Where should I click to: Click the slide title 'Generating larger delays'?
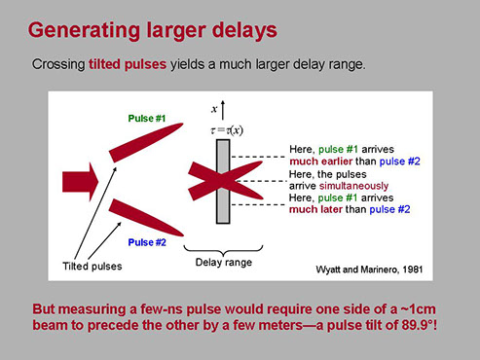[x=153, y=31]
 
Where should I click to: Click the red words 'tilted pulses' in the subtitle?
[x=128, y=64]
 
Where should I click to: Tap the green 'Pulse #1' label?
[x=147, y=119]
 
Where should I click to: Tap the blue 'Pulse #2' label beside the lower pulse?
[x=147, y=242]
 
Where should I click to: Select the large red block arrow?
[x=81, y=182]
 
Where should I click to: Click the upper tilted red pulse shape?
[x=146, y=142]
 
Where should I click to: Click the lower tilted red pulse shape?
[x=146, y=218]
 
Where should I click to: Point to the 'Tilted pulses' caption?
[x=92, y=267]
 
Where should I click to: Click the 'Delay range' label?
[x=224, y=262]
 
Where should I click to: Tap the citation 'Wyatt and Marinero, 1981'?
[x=369, y=270]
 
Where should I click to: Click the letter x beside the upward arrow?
[x=214, y=109]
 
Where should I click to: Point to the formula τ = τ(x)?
[x=227, y=130]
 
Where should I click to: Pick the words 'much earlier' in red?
[x=320, y=162]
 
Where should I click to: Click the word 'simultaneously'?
[x=353, y=186]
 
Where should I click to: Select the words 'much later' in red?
[x=315, y=209]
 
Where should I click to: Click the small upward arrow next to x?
[x=223, y=110]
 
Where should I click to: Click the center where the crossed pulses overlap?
[x=223, y=181]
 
